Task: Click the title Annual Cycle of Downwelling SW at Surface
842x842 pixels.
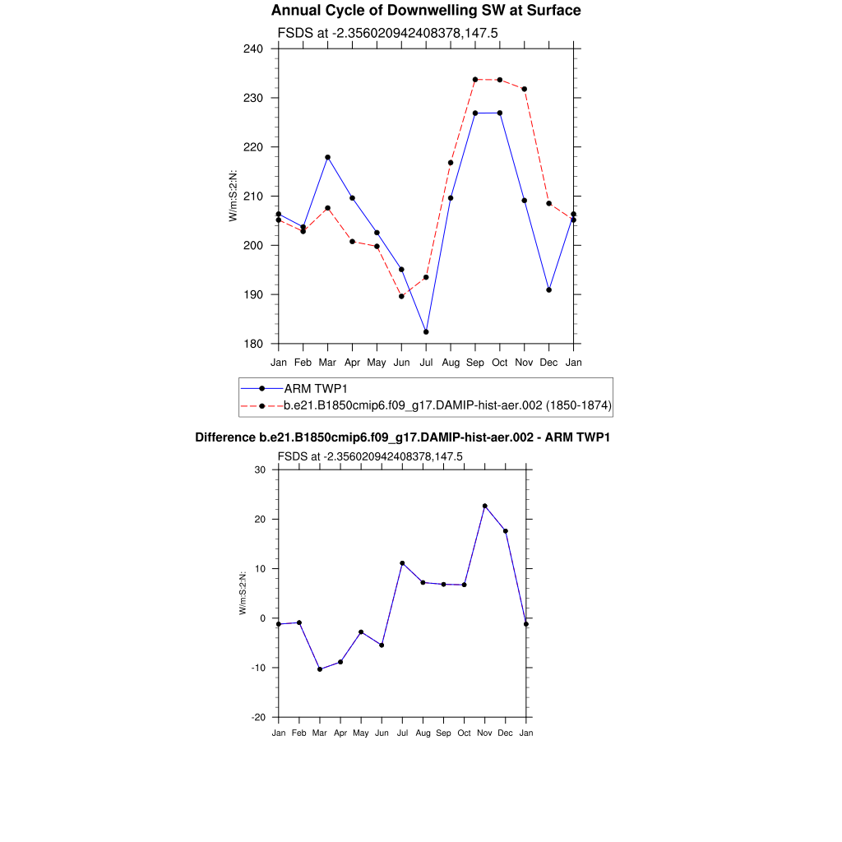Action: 426,11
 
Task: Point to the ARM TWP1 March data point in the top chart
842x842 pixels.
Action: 328,157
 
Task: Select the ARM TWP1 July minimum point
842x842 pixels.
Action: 426,332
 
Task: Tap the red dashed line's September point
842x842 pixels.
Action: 475,80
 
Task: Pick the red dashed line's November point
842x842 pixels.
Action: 525,89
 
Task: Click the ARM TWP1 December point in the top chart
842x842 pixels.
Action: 549,290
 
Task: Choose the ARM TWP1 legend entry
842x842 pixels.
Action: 316,388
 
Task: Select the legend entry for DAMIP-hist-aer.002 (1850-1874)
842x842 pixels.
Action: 447,405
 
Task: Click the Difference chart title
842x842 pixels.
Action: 402,437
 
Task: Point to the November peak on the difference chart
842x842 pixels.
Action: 485,506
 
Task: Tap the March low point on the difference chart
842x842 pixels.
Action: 320,669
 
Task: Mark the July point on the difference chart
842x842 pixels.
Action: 402,563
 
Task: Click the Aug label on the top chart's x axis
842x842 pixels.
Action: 451,363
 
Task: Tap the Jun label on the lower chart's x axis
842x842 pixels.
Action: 382,733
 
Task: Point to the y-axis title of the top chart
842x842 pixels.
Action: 234,196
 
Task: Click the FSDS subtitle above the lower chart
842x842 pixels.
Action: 370,456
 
